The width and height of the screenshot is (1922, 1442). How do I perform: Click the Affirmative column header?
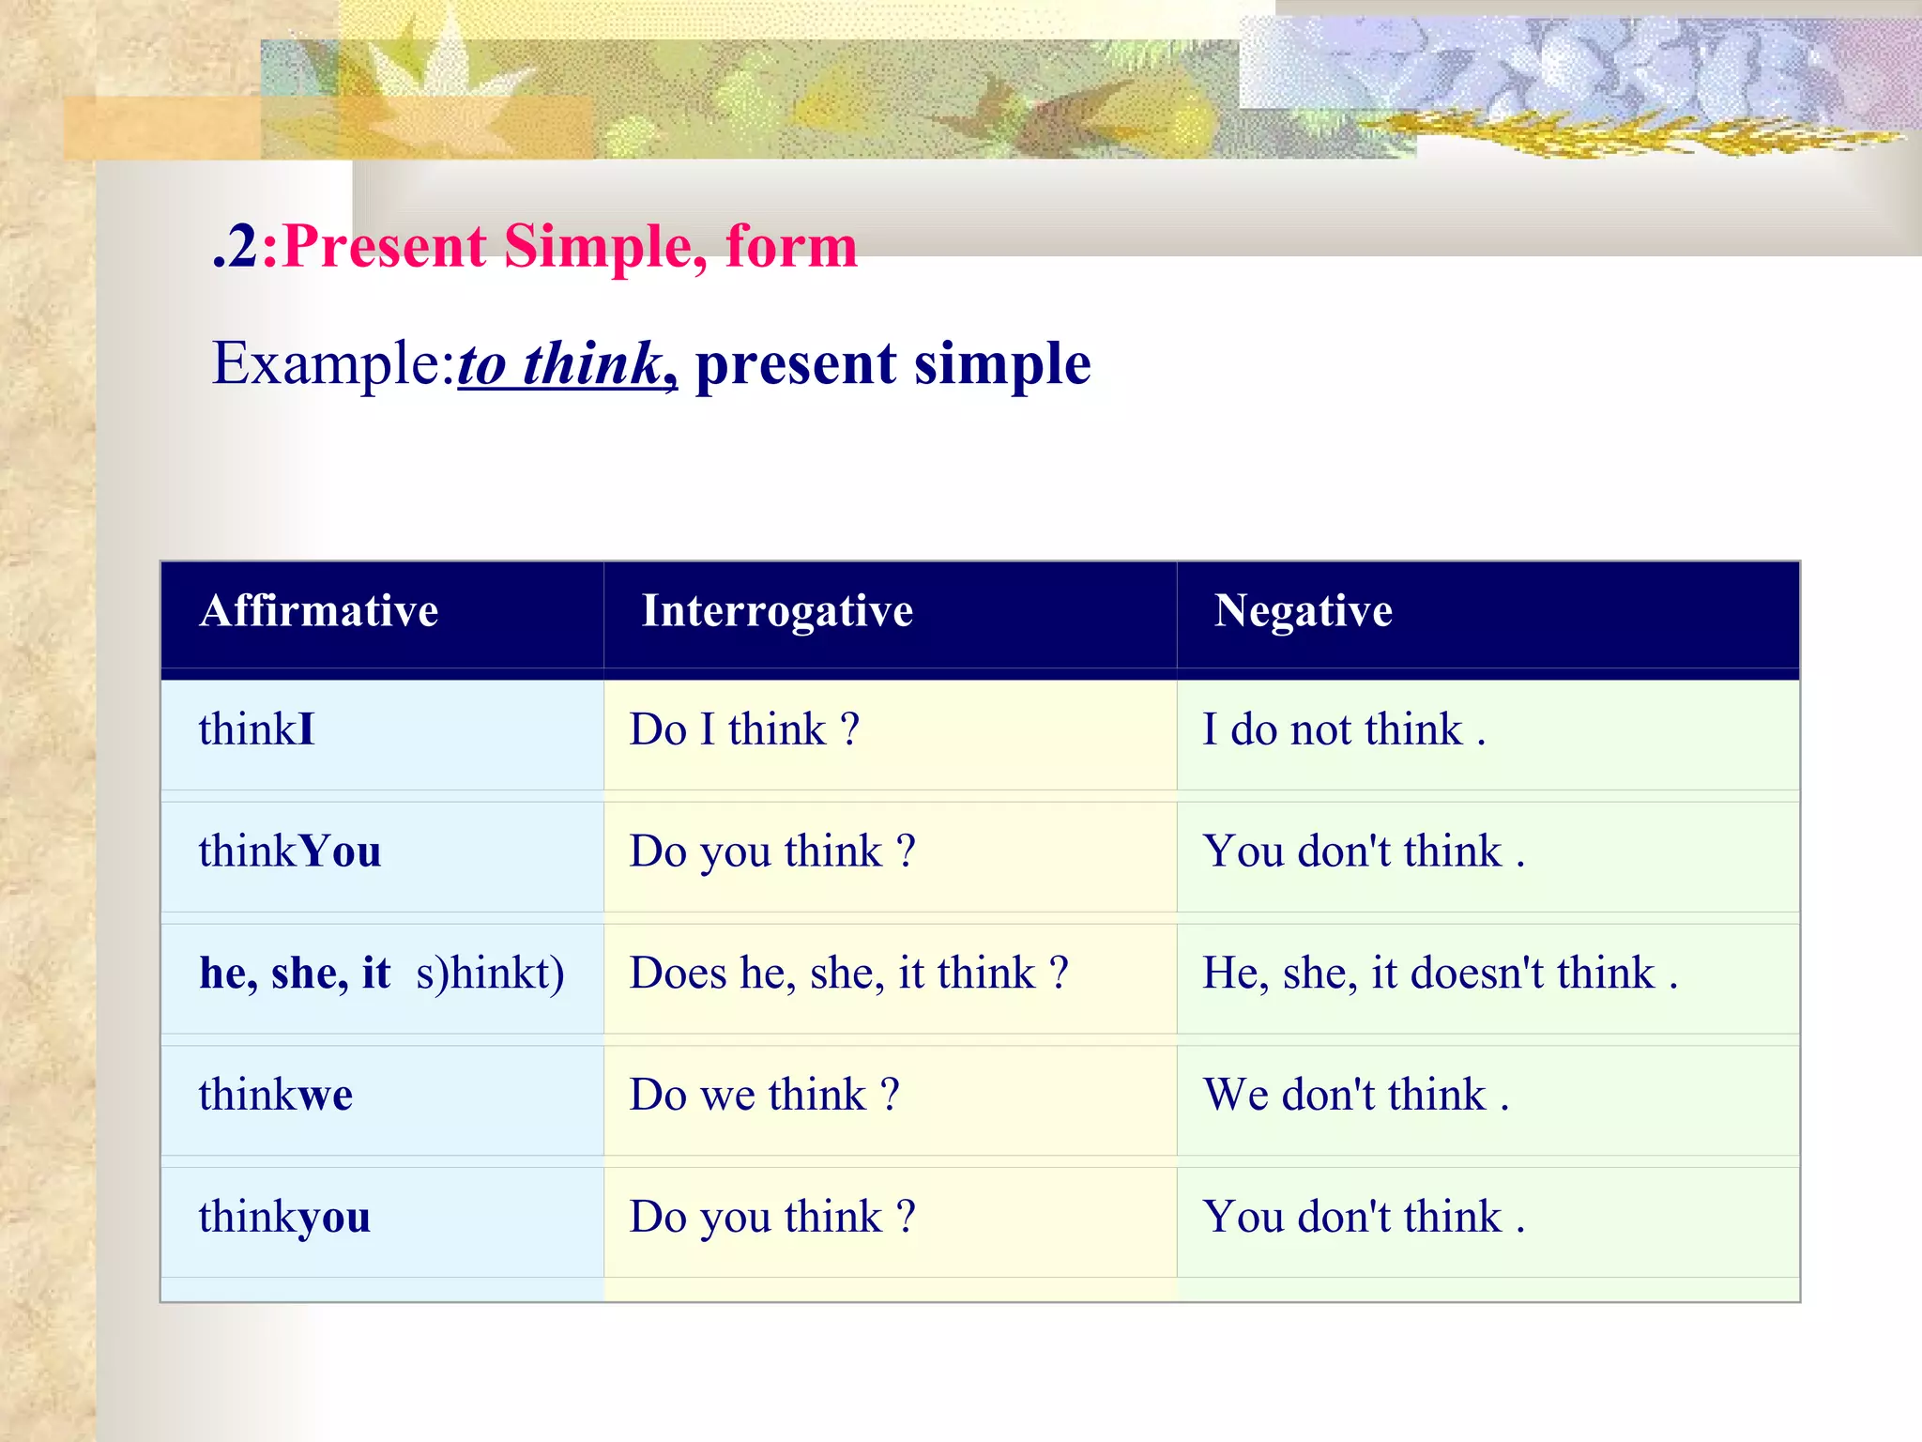coord(319,611)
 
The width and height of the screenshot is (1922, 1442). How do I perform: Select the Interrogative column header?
coord(776,611)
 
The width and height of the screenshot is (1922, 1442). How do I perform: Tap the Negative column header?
coord(1303,611)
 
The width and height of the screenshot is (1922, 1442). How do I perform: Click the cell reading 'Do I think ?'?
coord(744,730)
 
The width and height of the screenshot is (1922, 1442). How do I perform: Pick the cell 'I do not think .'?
coord(1343,730)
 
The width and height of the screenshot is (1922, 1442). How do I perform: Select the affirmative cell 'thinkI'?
coord(256,730)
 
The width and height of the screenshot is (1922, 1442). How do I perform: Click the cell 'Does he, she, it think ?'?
coord(848,974)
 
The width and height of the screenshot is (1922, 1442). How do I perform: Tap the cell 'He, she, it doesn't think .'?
coord(1440,974)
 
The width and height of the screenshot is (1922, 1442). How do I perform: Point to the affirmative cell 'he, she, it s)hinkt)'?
coord(381,974)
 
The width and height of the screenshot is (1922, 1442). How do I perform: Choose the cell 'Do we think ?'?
coord(764,1096)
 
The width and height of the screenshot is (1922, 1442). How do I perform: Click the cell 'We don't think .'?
coord(1355,1096)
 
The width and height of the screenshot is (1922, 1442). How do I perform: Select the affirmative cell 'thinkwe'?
coord(275,1096)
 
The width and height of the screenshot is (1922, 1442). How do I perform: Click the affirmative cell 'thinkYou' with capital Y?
coord(289,852)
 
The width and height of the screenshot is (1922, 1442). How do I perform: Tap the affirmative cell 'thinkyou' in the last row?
coord(283,1218)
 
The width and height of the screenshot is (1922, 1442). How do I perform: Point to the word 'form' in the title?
coord(791,247)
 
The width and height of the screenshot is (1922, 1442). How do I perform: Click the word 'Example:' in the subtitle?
coord(333,364)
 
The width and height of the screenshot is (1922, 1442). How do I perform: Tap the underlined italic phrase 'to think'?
coord(560,364)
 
